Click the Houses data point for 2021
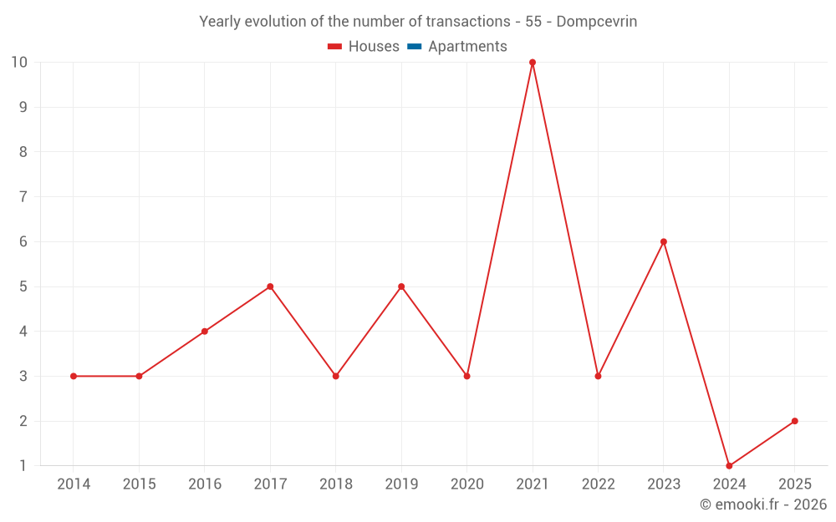tap(533, 63)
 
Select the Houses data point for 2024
tap(729, 466)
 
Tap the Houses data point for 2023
tap(664, 242)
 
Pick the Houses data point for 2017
tap(270, 286)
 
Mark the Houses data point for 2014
tap(74, 377)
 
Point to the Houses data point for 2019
tap(401, 286)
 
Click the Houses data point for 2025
tap(794, 421)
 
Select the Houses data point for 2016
tap(205, 332)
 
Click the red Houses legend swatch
tap(334, 47)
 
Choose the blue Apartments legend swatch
tap(414, 47)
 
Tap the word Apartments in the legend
tap(467, 47)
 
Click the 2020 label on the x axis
tap(466, 484)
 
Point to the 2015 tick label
tap(139, 484)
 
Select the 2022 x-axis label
tap(598, 484)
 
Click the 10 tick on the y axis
tap(19, 63)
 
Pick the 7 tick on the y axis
tap(23, 197)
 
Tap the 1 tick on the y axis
tap(23, 466)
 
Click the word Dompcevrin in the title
tap(596, 22)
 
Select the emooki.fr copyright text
tap(763, 504)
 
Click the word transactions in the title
tap(472, 22)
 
